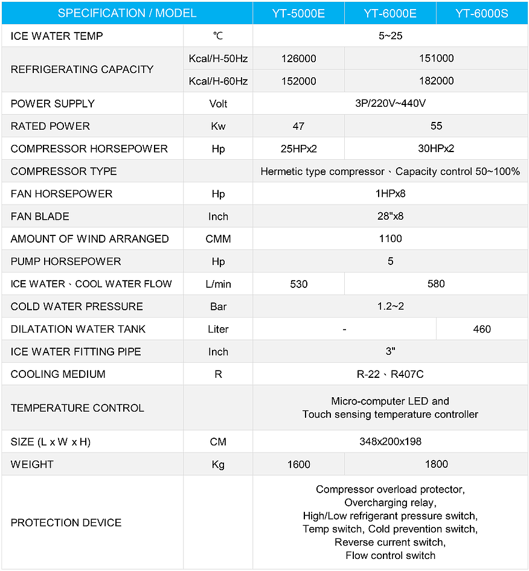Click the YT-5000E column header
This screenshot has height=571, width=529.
(x=298, y=13)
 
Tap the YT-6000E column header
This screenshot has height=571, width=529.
(x=390, y=13)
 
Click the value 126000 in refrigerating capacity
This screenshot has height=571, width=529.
(x=298, y=59)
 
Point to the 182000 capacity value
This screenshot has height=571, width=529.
(x=436, y=81)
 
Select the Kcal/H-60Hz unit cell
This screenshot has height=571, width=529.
(x=218, y=81)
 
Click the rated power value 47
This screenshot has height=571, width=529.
(x=298, y=126)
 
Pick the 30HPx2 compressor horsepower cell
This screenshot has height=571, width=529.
(x=436, y=148)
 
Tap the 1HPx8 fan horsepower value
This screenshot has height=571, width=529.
(x=390, y=194)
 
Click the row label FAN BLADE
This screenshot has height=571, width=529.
(x=40, y=216)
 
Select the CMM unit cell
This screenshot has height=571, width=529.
(x=218, y=239)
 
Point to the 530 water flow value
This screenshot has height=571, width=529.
(x=298, y=284)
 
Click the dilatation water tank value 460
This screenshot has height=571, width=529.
(x=482, y=329)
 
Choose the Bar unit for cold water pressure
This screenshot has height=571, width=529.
(x=218, y=307)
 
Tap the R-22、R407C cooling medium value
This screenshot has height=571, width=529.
(x=390, y=374)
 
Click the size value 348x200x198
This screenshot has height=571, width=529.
(x=390, y=442)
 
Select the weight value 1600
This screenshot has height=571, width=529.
(x=298, y=464)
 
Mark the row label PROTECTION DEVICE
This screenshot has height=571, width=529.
(x=66, y=523)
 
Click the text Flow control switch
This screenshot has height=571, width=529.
(x=390, y=555)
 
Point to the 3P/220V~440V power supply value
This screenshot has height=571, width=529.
(x=390, y=103)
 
